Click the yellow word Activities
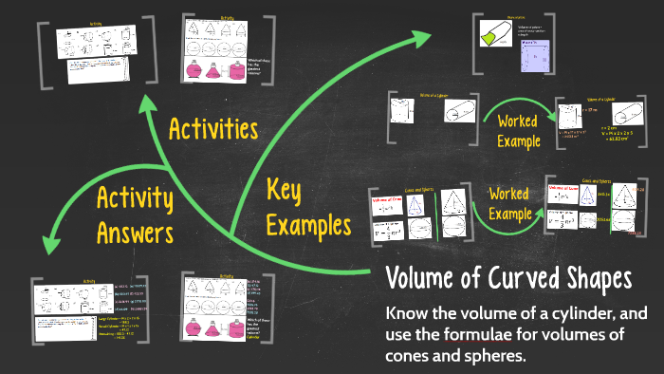click(214, 128)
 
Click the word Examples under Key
click(308, 225)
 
